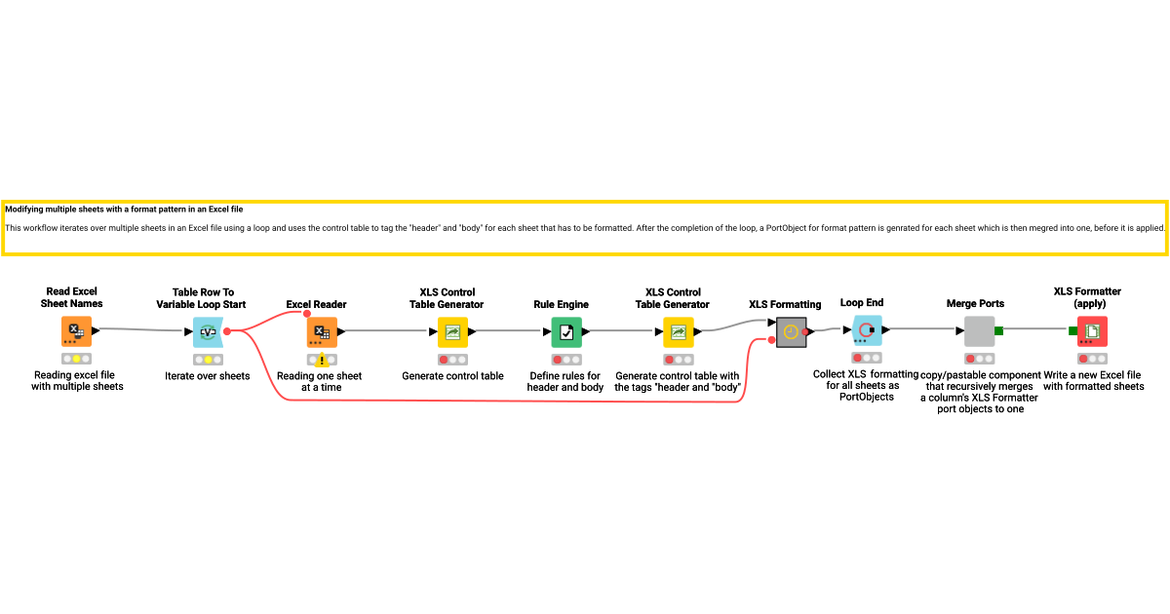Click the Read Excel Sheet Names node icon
tap(76, 331)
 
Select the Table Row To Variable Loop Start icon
tap(208, 332)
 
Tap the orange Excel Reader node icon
tap(322, 332)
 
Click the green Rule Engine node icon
tap(566, 332)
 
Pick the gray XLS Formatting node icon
tap(792, 332)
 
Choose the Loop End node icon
tap(867, 330)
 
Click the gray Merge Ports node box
tap(979, 331)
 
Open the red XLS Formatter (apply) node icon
tap(1092, 331)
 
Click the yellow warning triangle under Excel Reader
tap(322, 360)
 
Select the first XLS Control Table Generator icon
tap(452, 332)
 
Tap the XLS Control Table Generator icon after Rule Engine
tap(679, 332)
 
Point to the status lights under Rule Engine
tap(566, 360)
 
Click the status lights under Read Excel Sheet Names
tap(76, 359)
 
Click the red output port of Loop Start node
tap(227, 331)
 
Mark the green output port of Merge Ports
tap(998, 331)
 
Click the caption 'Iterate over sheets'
tap(208, 376)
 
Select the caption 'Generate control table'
tap(452, 376)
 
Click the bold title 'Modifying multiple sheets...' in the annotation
tap(124, 210)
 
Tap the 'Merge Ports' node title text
tap(975, 303)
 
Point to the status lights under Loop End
tap(867, 358)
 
